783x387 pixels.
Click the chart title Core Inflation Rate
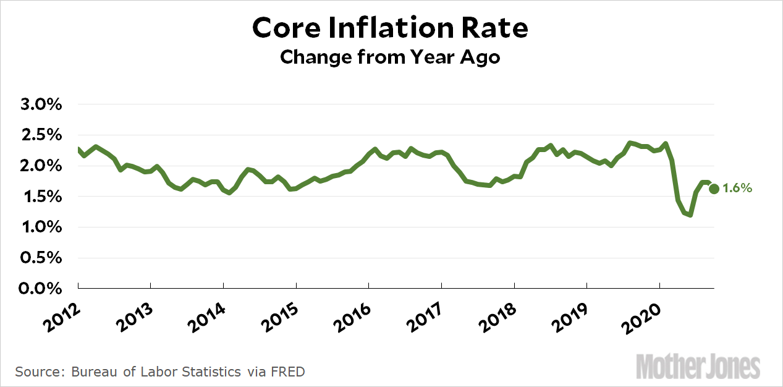pyautogui.click(x=391, y=28)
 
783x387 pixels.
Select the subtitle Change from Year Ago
pyautogui.click(x=390, y=57)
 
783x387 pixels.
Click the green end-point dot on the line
pyautogui.click(x=714, y=189)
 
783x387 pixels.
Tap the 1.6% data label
pyautogui.click(x=738, y=189)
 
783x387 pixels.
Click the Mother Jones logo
pyautogui.click(x=698, y=367)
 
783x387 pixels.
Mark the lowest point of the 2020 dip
pyautogui.click(x=690, y=215)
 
